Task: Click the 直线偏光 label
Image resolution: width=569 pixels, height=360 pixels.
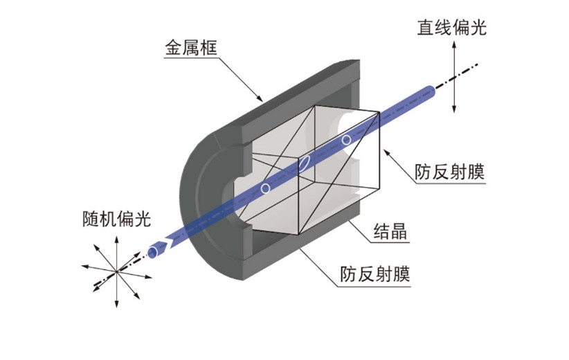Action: click(x=451, y=28)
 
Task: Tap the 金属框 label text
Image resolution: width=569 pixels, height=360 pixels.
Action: click(x=191, y=48)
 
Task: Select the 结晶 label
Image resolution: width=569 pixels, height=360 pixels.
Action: click(x=390, y=231)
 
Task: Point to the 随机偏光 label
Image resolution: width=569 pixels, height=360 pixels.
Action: click(x=116, y=219)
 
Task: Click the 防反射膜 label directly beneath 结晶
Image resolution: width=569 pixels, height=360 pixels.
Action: click(x=375, y=274)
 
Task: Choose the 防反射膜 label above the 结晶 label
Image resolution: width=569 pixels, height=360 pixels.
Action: click(x=450, y=171)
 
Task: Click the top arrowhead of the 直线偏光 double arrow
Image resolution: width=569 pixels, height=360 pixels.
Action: click(x=453, y=44)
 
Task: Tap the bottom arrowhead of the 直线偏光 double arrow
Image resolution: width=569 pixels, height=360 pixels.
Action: click(x=453, y=109)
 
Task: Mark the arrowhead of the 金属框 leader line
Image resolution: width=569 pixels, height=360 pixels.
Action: click(x=259, y=98)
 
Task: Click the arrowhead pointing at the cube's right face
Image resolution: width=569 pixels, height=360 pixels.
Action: click(x=387, y=152)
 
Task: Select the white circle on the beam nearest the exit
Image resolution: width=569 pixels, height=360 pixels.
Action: click(x=346, y=140)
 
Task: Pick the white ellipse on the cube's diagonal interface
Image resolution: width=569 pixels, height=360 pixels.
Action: click(x=304, y=163)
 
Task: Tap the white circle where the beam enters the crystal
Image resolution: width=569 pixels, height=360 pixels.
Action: click(x=266, y=188)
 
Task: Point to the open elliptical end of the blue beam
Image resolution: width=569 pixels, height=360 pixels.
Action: click(x=153, y=252)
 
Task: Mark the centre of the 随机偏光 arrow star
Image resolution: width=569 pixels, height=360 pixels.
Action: click(x=116, y=271)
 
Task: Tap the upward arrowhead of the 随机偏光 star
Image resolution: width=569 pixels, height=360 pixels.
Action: click(x=116, y=240)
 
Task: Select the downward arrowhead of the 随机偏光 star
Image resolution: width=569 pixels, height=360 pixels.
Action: click(x=116, y=304)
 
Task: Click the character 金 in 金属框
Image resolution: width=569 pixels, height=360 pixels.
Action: click(x=174, y=48)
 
